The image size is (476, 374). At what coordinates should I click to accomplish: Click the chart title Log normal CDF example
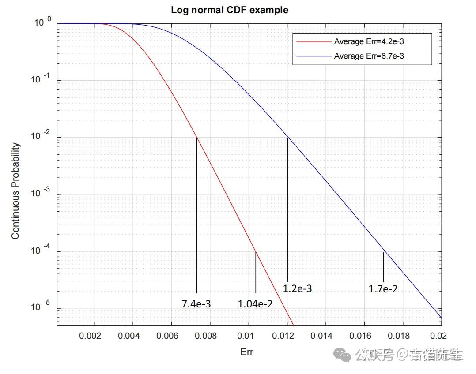230,10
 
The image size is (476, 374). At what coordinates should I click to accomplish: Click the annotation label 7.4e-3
196,304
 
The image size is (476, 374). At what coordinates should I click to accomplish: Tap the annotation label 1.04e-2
255,304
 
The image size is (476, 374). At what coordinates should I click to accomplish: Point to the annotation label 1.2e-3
297,289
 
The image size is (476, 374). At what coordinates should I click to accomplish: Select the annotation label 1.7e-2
383,289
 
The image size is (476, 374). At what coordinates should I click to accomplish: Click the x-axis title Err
247,352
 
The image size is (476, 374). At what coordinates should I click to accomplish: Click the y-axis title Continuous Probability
15,191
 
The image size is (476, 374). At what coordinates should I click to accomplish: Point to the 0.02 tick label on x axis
433,337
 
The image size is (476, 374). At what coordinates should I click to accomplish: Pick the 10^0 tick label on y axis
43,22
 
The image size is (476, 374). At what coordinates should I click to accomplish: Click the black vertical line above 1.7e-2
383,266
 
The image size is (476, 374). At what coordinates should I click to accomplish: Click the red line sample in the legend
314,42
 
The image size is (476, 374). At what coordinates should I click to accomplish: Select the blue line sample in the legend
314,56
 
